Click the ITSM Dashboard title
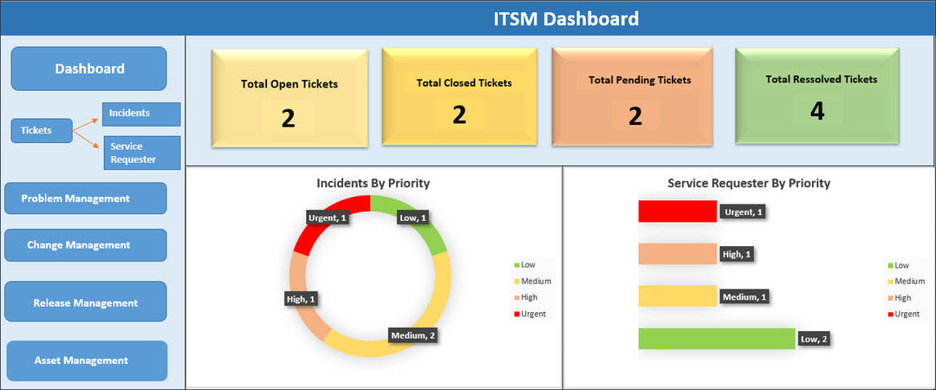[x=566, y=18]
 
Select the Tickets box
[x=36, y=130]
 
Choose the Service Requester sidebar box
[x=141, y=153]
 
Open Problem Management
[x=85, y=198]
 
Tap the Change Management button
[x=85, y=245]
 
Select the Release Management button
[x=85, y=302]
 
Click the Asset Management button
[x=87, y=361]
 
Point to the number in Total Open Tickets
[x=289, y=118]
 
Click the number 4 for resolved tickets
[x=816, y=111]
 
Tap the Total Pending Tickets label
[x=640, y=80]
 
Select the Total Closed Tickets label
[x=464, y=83]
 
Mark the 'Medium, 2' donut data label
[x=413, y=335]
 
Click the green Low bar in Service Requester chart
[x=716, y=339]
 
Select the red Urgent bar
[x=677, y=211]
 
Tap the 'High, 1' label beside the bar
[x=738, y=254]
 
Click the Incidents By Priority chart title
[x=373, y=183]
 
